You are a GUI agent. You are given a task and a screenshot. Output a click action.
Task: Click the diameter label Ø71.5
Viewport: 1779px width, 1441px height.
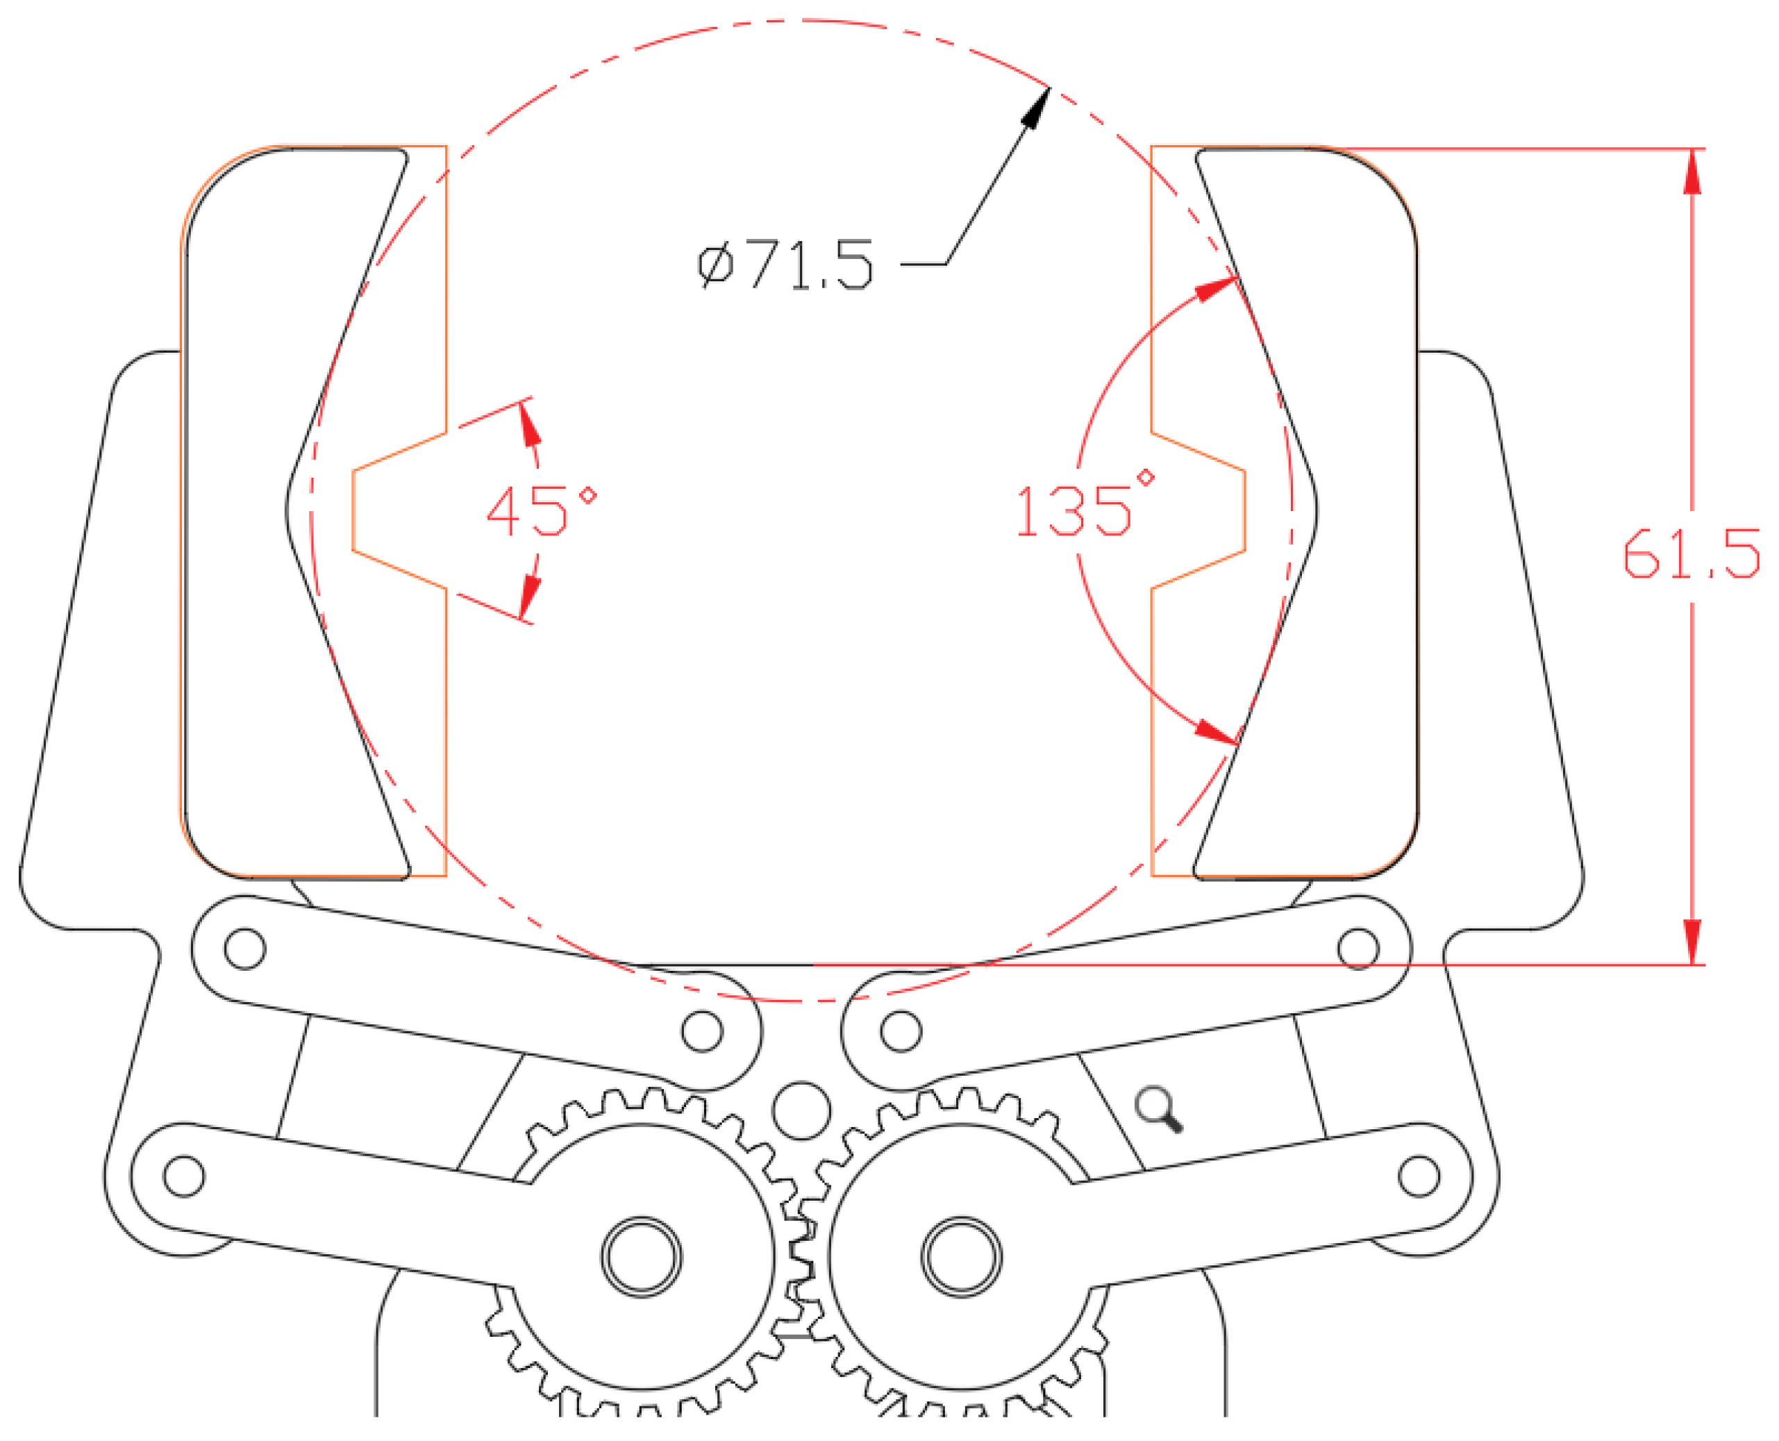785,265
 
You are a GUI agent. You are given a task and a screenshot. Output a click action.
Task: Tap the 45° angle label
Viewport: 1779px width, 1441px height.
540,510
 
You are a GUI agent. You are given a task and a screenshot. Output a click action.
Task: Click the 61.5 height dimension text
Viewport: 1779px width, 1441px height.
1691,553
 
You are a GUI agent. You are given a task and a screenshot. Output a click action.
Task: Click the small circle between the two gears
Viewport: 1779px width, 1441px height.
801,1110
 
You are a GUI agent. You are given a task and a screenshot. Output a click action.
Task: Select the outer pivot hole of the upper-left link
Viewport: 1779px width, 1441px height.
245,949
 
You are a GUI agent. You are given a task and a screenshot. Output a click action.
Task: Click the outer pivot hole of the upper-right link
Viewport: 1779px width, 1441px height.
1358,949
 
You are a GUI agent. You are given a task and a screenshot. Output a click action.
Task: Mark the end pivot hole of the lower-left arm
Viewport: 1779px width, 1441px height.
184,1176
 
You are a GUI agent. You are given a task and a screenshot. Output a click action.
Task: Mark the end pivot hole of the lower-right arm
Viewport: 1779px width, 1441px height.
1419,1176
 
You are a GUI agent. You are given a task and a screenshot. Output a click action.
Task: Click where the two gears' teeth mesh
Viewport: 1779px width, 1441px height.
801,1253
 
